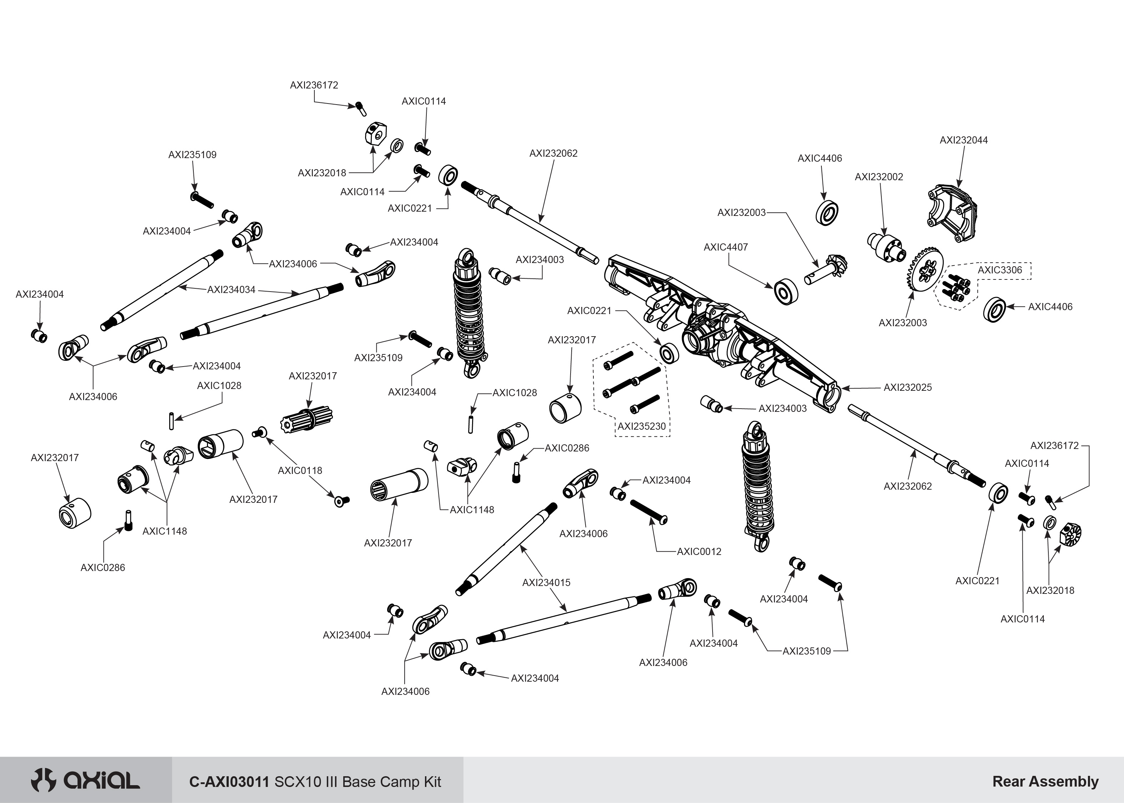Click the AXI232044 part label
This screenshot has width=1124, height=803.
pyautogui.click(x=963, y=140)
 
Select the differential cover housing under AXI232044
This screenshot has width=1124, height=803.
pyautogui.click(x=952, y=213)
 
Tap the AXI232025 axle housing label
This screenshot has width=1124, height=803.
pyautogui.click(x=907, y=388)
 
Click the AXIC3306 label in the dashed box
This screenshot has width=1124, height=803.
pyautogui.click(x=999, y=270)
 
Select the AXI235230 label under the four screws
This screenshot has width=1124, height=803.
pyautogui.click(x=642, y=426)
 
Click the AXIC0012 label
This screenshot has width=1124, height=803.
pyautogui.click(x=699, y=552)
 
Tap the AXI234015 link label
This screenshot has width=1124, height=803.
pyautogui.click(x=546, y=583)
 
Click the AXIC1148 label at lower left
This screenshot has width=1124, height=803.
pyautogui.click(x=164, y=531)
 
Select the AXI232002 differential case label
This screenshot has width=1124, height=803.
pyautogui.click(x=879, y=177)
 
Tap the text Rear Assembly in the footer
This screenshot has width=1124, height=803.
pyautogui.click(x=1045, y=782)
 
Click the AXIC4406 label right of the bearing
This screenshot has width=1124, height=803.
pyautogui.click(x=1050, y=307)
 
